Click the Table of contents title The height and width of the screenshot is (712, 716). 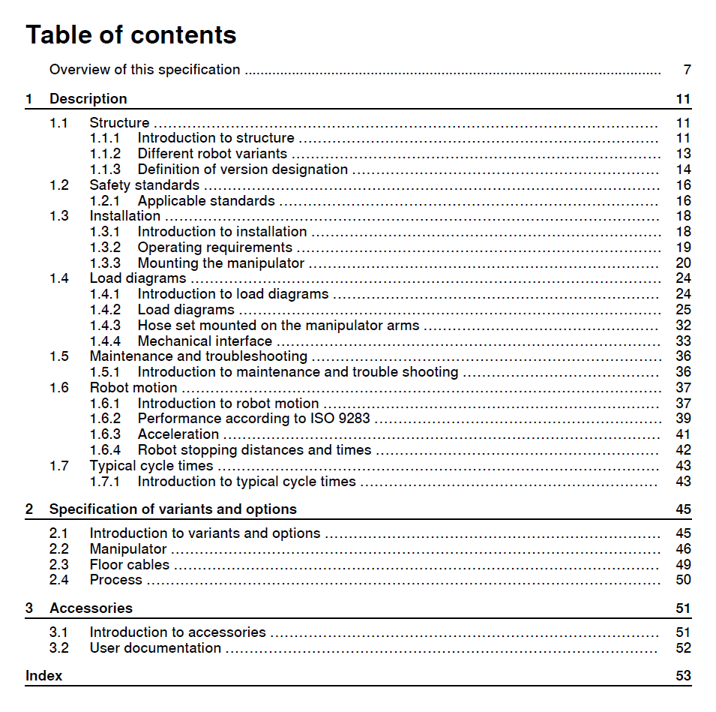(131, 35)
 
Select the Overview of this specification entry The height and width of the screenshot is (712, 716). (145, 70)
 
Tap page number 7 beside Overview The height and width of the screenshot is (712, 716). (687, 70)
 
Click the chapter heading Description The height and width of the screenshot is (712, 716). (88, 99)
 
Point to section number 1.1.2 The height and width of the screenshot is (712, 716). (105, 154)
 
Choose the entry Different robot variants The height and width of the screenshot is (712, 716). (212, 154)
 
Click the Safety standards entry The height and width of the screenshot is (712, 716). (145, 185)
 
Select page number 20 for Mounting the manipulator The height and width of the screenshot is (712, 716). (682, 263)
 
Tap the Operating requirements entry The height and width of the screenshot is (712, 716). (215, 248)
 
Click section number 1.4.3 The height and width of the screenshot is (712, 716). (105, 326)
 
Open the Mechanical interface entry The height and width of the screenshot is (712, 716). (205, 341)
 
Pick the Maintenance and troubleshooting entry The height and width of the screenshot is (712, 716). (199, 356)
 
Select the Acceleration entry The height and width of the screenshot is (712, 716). (178, 434)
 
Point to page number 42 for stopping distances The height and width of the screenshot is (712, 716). (682, 450)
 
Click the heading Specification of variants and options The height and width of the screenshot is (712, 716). (173, 509)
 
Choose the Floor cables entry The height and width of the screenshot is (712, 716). (130, 565)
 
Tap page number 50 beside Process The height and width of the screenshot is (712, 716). (682, 580)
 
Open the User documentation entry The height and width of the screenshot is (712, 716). (155, 648)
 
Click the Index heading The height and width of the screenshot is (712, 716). (44, 676)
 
